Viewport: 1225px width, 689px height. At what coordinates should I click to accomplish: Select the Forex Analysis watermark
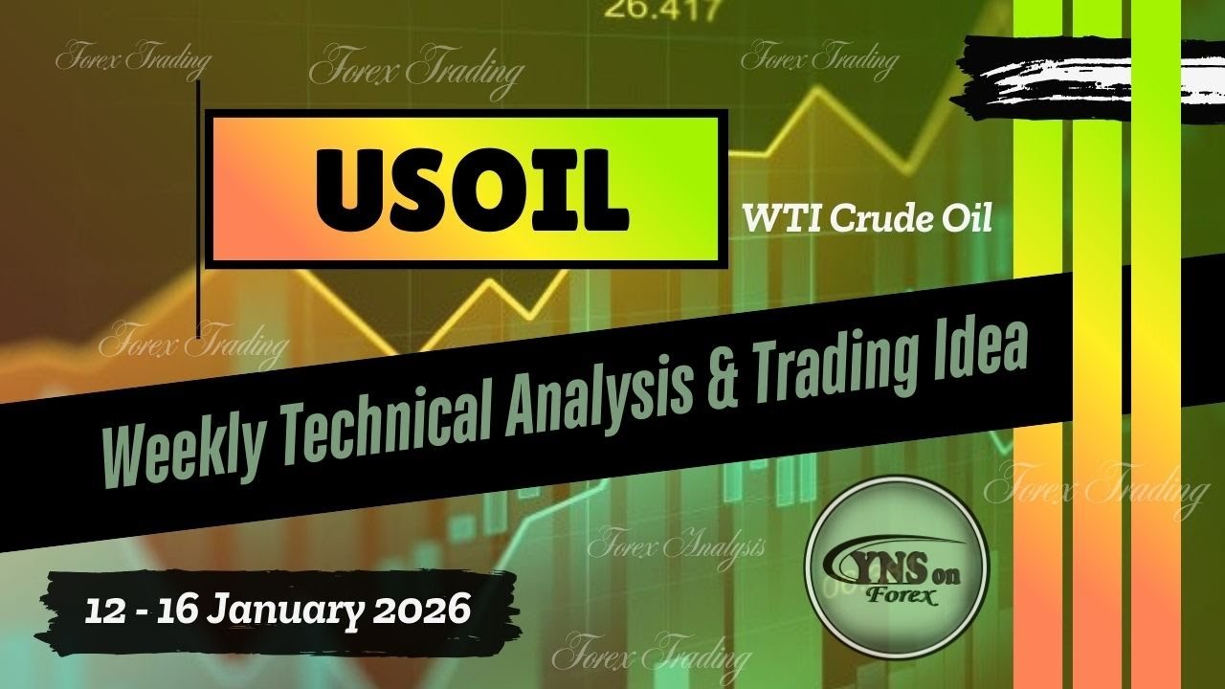pyautogui.click(x=676, y=546)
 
